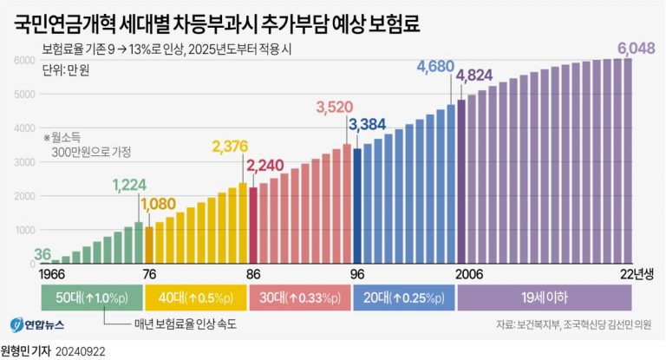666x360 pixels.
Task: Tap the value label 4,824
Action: [475, 75]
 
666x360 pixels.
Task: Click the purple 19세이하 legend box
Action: [544, 298]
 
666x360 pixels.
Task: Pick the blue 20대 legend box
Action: [403, 298]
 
